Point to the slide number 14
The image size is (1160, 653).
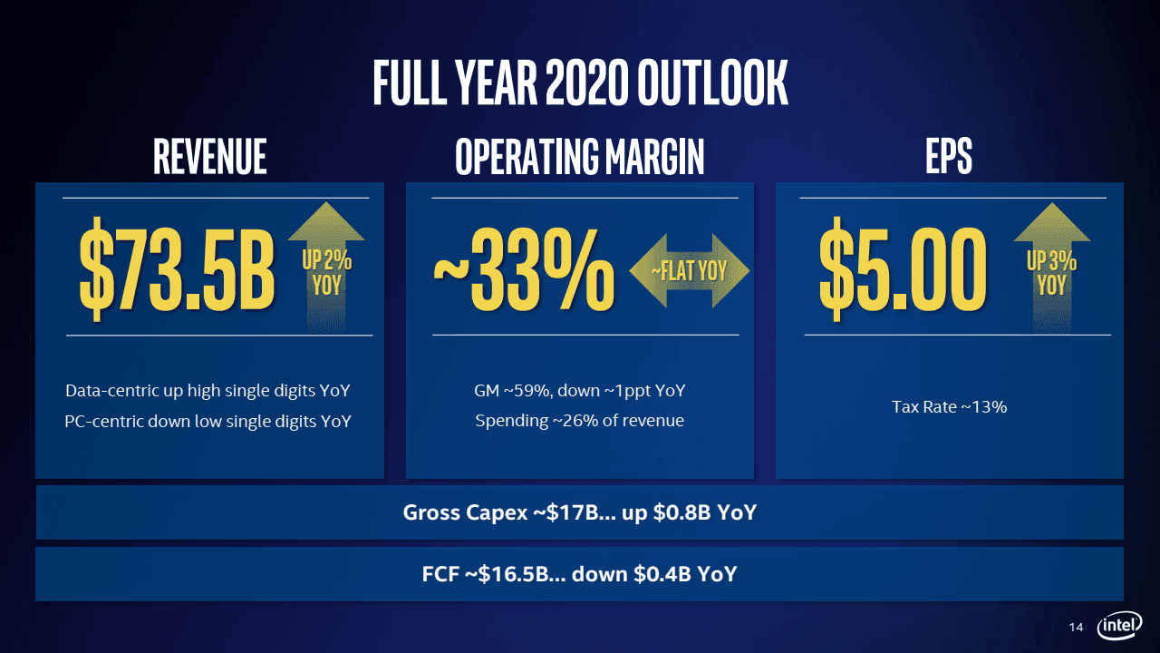[1077, 628]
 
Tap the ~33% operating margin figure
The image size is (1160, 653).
[524, 268]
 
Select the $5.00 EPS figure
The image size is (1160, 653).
[902, 268]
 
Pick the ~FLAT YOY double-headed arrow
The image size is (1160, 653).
[690, 270]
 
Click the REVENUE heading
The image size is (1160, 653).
[209, 157]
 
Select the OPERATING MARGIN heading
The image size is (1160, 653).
[579, 157]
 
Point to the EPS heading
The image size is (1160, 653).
[949, 157]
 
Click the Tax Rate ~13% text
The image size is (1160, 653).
[949, 407]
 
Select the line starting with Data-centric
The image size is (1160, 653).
[208, 391]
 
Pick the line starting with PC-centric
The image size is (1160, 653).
[208, 421]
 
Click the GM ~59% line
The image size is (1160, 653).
[579, 391]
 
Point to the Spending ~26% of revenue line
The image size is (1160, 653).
[579, 421]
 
